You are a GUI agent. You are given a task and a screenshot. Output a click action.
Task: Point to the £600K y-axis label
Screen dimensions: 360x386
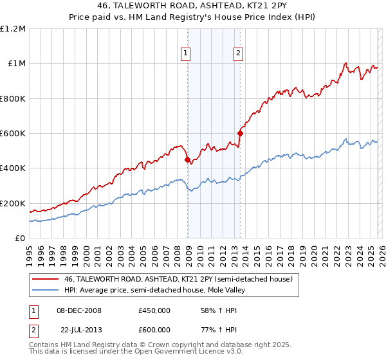(x=13, y=134)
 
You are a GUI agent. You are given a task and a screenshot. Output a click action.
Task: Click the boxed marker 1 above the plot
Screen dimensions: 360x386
(x=186, y=54)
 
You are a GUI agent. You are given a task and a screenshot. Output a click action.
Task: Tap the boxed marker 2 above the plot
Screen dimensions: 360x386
(x=238, y=54)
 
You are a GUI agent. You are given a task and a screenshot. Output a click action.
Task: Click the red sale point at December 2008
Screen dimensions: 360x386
(x=187, y=160)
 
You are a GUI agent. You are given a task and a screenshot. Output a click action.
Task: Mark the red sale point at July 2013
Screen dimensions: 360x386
(x=240, y=134)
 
